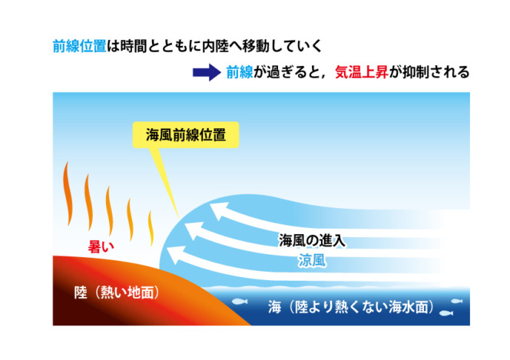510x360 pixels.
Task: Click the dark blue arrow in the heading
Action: point(207,72)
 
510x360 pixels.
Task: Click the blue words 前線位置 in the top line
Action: point(79,46)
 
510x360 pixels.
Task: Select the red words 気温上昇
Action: point(361,72)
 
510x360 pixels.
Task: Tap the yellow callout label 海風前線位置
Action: point(186,135)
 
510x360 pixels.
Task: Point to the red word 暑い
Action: point(101,247)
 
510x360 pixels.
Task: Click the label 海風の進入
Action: point(312,240)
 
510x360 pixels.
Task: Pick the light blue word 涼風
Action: point(312,260)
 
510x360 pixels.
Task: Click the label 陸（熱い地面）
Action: point(117,292)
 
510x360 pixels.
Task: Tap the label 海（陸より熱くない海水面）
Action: point(351,307)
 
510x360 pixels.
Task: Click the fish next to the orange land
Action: point(240,302)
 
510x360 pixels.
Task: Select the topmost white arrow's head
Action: point(218,210)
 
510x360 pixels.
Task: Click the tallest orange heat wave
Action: point(68,194)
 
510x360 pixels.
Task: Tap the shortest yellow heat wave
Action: point(151,228)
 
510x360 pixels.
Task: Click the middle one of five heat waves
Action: point(109,210)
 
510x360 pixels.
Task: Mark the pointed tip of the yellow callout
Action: point(178,216)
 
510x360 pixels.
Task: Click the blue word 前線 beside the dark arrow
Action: point(240,72)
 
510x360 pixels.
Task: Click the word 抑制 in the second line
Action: point(416,72)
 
